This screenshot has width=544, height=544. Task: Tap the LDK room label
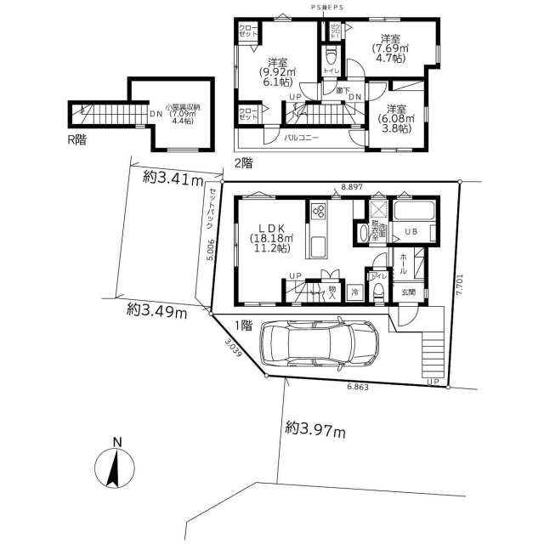coord(271,228)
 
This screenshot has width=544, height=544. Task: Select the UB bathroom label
coord(410,231)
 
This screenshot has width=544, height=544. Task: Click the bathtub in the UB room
coord(416,210)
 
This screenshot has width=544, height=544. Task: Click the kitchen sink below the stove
coord(320,247)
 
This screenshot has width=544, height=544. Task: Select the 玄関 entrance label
coord(409,292)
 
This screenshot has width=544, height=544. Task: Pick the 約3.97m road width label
coord(315,432)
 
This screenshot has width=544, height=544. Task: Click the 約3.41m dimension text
coord(173,178)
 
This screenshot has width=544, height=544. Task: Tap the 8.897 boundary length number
coord(352,185)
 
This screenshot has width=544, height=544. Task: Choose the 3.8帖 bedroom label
coord(397,119)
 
